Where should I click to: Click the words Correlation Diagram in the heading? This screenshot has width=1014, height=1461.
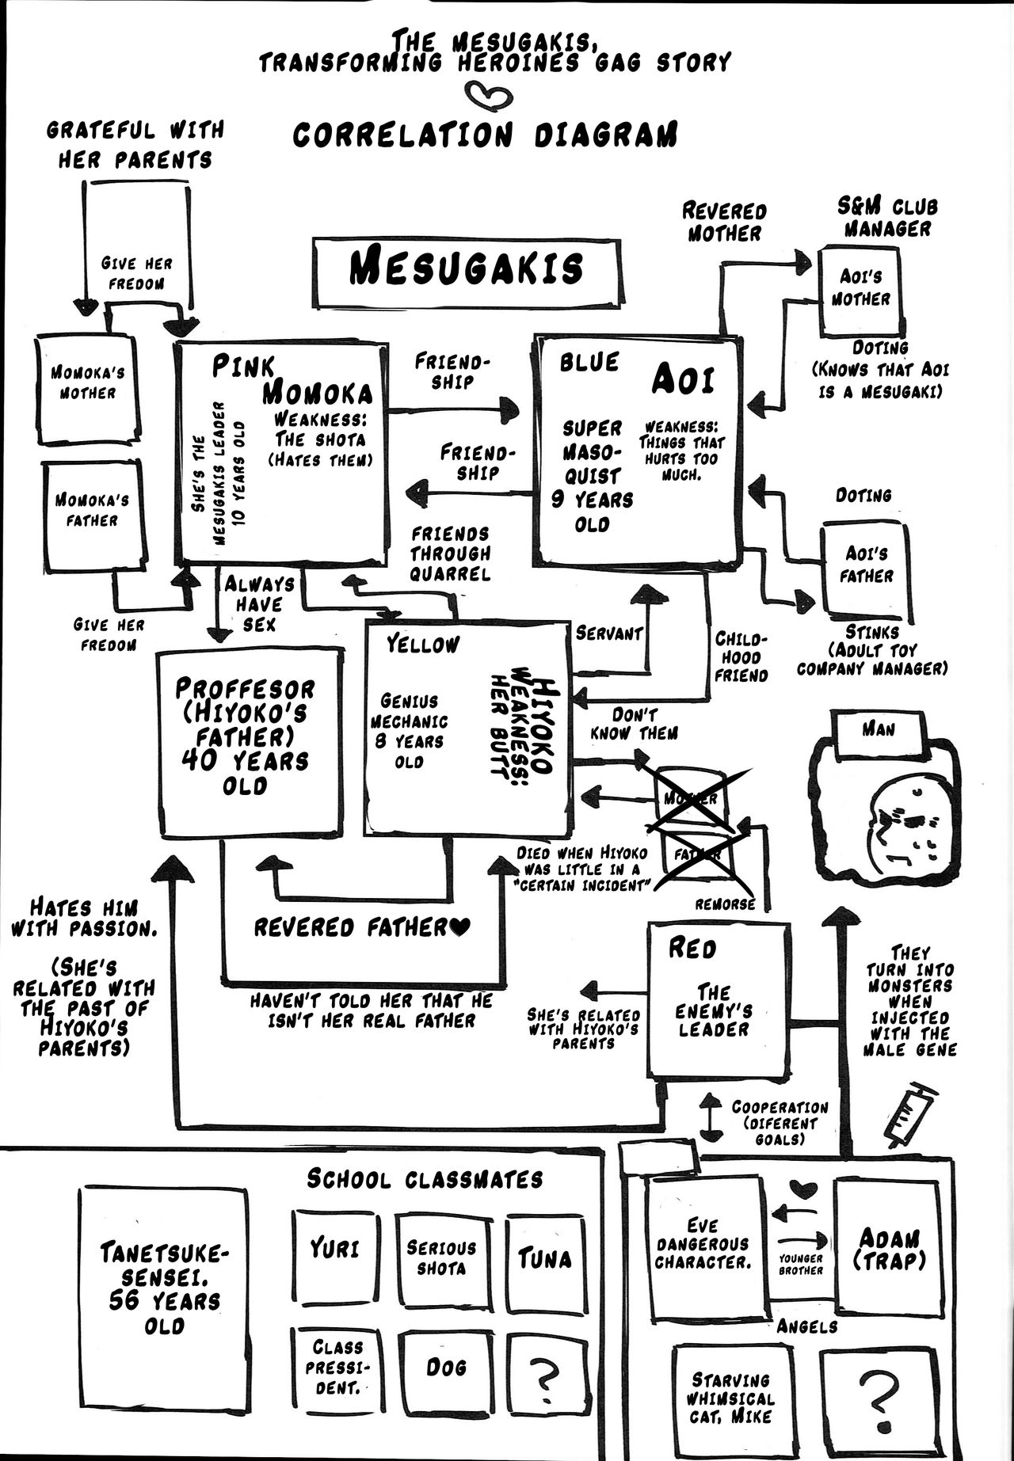click(x=485, y=135)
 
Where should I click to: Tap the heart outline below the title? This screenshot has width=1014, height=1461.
click(x=484, y=96)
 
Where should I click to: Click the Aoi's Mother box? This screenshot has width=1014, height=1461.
click(x=860, y=290)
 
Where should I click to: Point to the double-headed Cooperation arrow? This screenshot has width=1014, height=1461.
click(x=709, y=1119)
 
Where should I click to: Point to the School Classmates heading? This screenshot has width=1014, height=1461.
click(x=425, y=1179)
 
